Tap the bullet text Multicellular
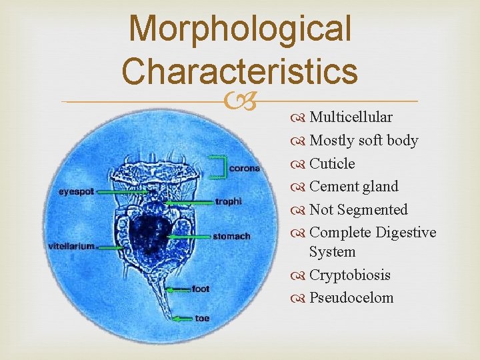[x=351, y=117]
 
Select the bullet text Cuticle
[x=332, y=163]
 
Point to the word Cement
[x=331, y=187]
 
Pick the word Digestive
[x=406, y=233]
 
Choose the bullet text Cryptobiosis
[x=350, y=275]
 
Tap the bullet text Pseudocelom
[x=351, y=298]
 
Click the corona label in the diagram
[x=244, y=169]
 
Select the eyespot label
[x=76, y=191]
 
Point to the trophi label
[x=229, y=201]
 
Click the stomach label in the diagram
[x=231, y=236]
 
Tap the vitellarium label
[x=71, y=246]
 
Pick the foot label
[x=201, y=289]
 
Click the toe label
[x=202, y=318]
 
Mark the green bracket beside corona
[x=219, y=167]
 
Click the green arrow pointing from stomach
[x=189, y=236]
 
